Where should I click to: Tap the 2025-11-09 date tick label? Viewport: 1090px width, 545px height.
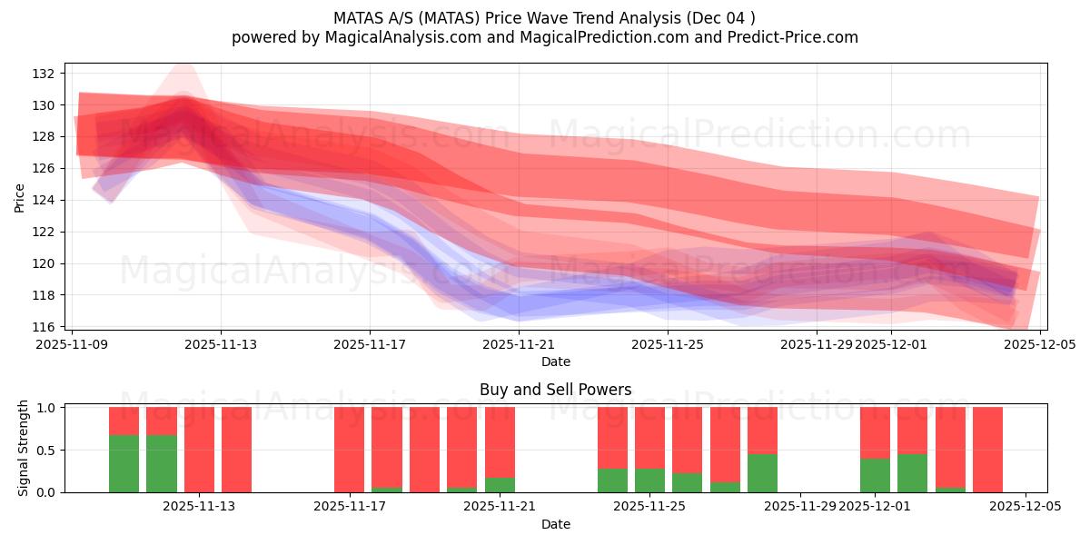pos(72,344)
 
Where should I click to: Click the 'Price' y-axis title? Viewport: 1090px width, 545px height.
pos(20,197)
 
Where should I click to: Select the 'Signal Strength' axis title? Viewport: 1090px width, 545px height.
pos(24,449)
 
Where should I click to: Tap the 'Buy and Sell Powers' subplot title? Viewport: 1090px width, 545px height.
pos(555,390)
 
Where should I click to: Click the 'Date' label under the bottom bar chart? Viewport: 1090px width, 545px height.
pos(555,524)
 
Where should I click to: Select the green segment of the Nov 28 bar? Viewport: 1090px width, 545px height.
pos(762,472)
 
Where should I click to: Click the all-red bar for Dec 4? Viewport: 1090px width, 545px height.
pos(987,450)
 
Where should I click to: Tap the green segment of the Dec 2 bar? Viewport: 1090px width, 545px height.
pos(912,472)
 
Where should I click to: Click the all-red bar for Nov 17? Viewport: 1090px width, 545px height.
pos(349,450)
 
